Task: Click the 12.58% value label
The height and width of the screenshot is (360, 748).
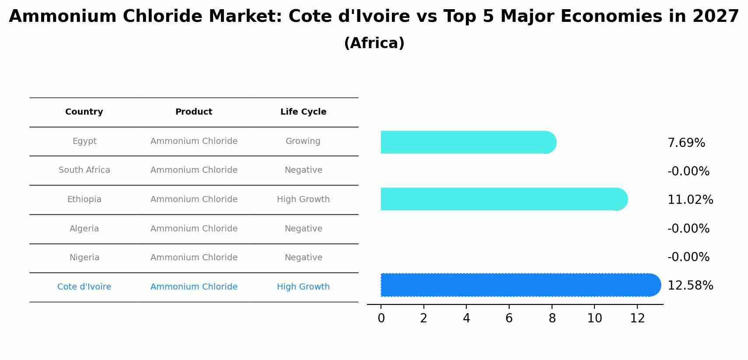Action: [x=690, y=286]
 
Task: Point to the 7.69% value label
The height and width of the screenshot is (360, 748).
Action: [x=686, y=143]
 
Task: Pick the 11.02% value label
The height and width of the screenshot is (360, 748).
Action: [x=690, y=200]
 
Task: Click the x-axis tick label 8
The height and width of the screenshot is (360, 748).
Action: [x=552, y=318]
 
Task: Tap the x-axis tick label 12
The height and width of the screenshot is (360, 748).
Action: [x=637, y=318]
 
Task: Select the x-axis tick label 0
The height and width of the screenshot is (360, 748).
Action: [x=381, y=318]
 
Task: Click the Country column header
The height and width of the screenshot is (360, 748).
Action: [x=84, y=112]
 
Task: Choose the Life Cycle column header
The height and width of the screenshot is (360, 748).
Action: [x=303, y=112]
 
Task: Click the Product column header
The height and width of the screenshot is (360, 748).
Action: [x=194, y=112]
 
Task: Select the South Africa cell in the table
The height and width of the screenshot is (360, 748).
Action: [x=84, y=170]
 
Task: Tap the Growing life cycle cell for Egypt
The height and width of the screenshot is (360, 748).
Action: [x=303, y=141]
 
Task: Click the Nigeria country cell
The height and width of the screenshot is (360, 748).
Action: [x=84, y=258]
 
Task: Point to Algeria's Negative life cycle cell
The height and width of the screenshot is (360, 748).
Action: [x=303, y=229]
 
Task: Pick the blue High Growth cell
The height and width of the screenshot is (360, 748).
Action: [x=303, y=287]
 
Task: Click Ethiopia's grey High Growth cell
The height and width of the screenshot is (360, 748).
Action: [x=303, y=199]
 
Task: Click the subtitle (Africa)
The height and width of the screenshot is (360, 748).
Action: [x=374, y=43]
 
